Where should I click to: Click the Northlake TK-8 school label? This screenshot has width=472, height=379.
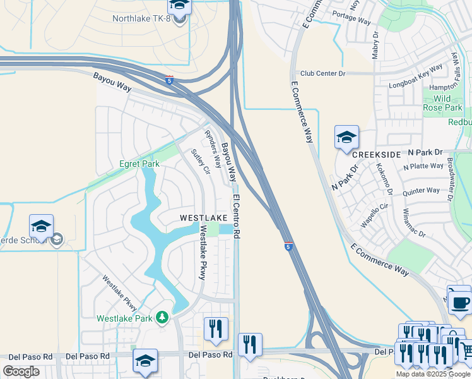pyautogui.click(x=143, y=18)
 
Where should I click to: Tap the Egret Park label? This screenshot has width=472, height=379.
pyautogui.click(x=139, y=164)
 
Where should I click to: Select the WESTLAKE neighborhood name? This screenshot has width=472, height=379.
pyautogui.click(x=203, y=217)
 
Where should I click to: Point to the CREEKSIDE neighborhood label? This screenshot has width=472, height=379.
pyautogui.click(x=377, y=155)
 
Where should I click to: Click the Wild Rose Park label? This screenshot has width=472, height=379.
pyautogui.click(x=451, y=103)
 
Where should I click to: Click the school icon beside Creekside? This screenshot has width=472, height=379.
pyautogui.click(x=346, y=137)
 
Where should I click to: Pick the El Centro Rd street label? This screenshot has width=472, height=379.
pyautogui.click(x=237, y=216)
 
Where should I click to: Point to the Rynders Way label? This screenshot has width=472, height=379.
pyautogui.click(x=213, y=148)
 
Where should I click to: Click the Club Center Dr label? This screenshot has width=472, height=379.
pyautogui.click(x=322, y=73)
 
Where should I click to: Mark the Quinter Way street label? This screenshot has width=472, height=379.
pyautogui.click(x=421, y=191)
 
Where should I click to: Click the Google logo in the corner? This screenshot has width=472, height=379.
pyautogui.click(x=21, y=371)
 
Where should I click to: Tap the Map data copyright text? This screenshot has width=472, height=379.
pyautogui.click(x=434, y=374)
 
